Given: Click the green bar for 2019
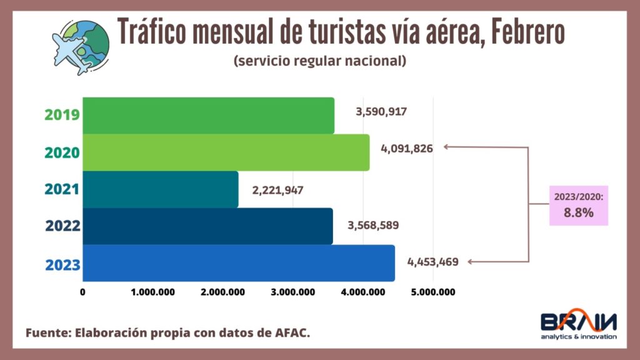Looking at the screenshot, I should [208, 116].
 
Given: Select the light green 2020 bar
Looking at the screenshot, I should [226, 152].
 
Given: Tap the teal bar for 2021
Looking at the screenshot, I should [160, 189].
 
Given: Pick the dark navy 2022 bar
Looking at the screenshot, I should [207, 226].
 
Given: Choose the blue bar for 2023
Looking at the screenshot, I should [238, 263].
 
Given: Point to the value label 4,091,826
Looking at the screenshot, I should [406, 149].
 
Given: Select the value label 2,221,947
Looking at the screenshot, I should [277, 189].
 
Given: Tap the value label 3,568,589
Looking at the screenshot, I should [373, 225].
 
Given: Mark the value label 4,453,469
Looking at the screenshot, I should [432, 262].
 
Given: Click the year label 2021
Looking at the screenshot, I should [62, 189].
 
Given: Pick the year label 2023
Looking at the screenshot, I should [62, 264].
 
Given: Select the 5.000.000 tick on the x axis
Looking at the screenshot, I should [433, 292].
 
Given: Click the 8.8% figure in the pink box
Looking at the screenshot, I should [578, 212].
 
